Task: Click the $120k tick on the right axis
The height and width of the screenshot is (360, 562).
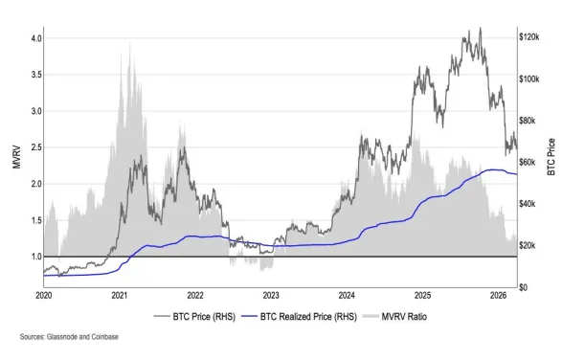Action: click(x=530, y=36)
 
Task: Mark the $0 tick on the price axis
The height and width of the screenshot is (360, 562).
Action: click(x=525, y=287)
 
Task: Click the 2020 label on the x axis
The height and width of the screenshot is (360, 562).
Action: click(x=44, y=297)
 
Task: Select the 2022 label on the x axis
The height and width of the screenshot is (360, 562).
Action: click(x=195, y=297)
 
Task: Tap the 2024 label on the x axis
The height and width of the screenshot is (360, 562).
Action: click(x=347, y=297)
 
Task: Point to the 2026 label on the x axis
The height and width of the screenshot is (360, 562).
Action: click(x=498, y=297)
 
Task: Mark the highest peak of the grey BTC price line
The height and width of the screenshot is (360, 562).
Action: click(x=480, y=28)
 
